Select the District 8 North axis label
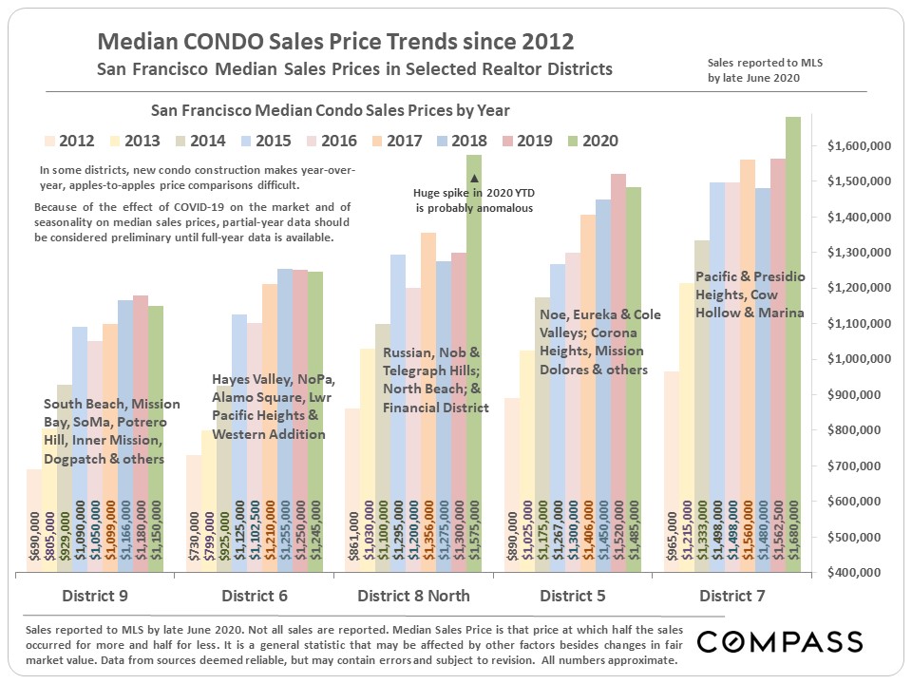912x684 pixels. (413, 597)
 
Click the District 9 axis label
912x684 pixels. (95, 597)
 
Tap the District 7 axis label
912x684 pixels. (732, 597)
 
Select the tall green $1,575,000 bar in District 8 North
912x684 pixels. (474, 380)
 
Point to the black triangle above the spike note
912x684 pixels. (474, 179)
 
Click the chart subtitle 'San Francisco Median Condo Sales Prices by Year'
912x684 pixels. (325, 111)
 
